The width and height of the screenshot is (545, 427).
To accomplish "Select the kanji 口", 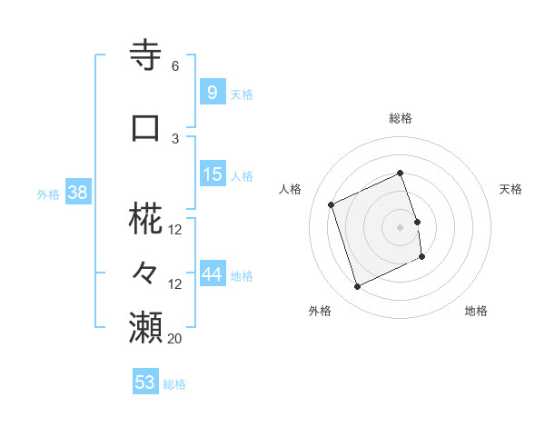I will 147,128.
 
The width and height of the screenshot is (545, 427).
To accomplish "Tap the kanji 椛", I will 147,222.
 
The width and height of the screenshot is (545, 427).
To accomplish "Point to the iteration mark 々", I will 147,273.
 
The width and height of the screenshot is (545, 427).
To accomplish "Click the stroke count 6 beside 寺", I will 174,66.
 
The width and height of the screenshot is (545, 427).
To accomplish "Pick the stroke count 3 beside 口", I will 175,139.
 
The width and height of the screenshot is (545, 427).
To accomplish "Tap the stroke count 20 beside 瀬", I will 175,339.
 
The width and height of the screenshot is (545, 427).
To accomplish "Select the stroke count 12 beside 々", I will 175,284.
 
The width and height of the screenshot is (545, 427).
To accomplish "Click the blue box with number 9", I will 212,92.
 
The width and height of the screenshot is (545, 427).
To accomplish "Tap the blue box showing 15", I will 213,174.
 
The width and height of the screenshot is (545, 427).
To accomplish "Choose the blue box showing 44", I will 213,274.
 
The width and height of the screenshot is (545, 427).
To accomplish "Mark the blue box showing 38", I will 76,193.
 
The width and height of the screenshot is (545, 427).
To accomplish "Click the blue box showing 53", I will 144,382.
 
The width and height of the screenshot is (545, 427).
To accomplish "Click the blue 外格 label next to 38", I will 48,194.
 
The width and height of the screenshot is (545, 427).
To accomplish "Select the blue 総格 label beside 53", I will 174,384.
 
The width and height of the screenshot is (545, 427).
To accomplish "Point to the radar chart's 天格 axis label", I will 510,189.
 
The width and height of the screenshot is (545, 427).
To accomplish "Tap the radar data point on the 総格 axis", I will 400,173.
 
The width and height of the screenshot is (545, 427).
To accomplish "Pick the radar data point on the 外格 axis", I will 357,287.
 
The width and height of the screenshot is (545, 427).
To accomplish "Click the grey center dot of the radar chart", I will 400,226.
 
